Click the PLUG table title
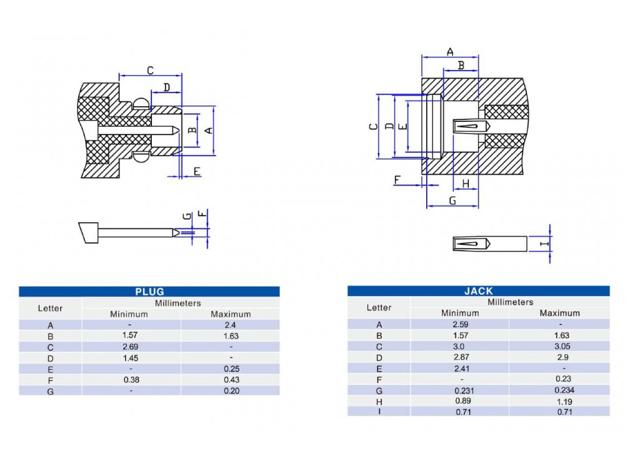tap(149, 291)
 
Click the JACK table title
tap(478, 291)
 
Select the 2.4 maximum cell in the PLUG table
tap(231, 325)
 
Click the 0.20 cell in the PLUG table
tap(231, 391)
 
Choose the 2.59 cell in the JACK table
tap(459, 324)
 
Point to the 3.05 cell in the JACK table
tap(559, 346)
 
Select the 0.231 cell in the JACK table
tap(459, 390)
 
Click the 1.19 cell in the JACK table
tap(559, 401)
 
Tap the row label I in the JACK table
tap(379, 411)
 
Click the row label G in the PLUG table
tap(50, 391)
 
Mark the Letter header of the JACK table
tap(379, 307)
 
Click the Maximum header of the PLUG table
tap(231, 314)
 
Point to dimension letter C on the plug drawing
tap(150, 71)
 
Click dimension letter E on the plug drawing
tap(196, 171)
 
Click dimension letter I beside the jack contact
tap(544, 243)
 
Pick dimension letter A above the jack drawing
tap(450, 52)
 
